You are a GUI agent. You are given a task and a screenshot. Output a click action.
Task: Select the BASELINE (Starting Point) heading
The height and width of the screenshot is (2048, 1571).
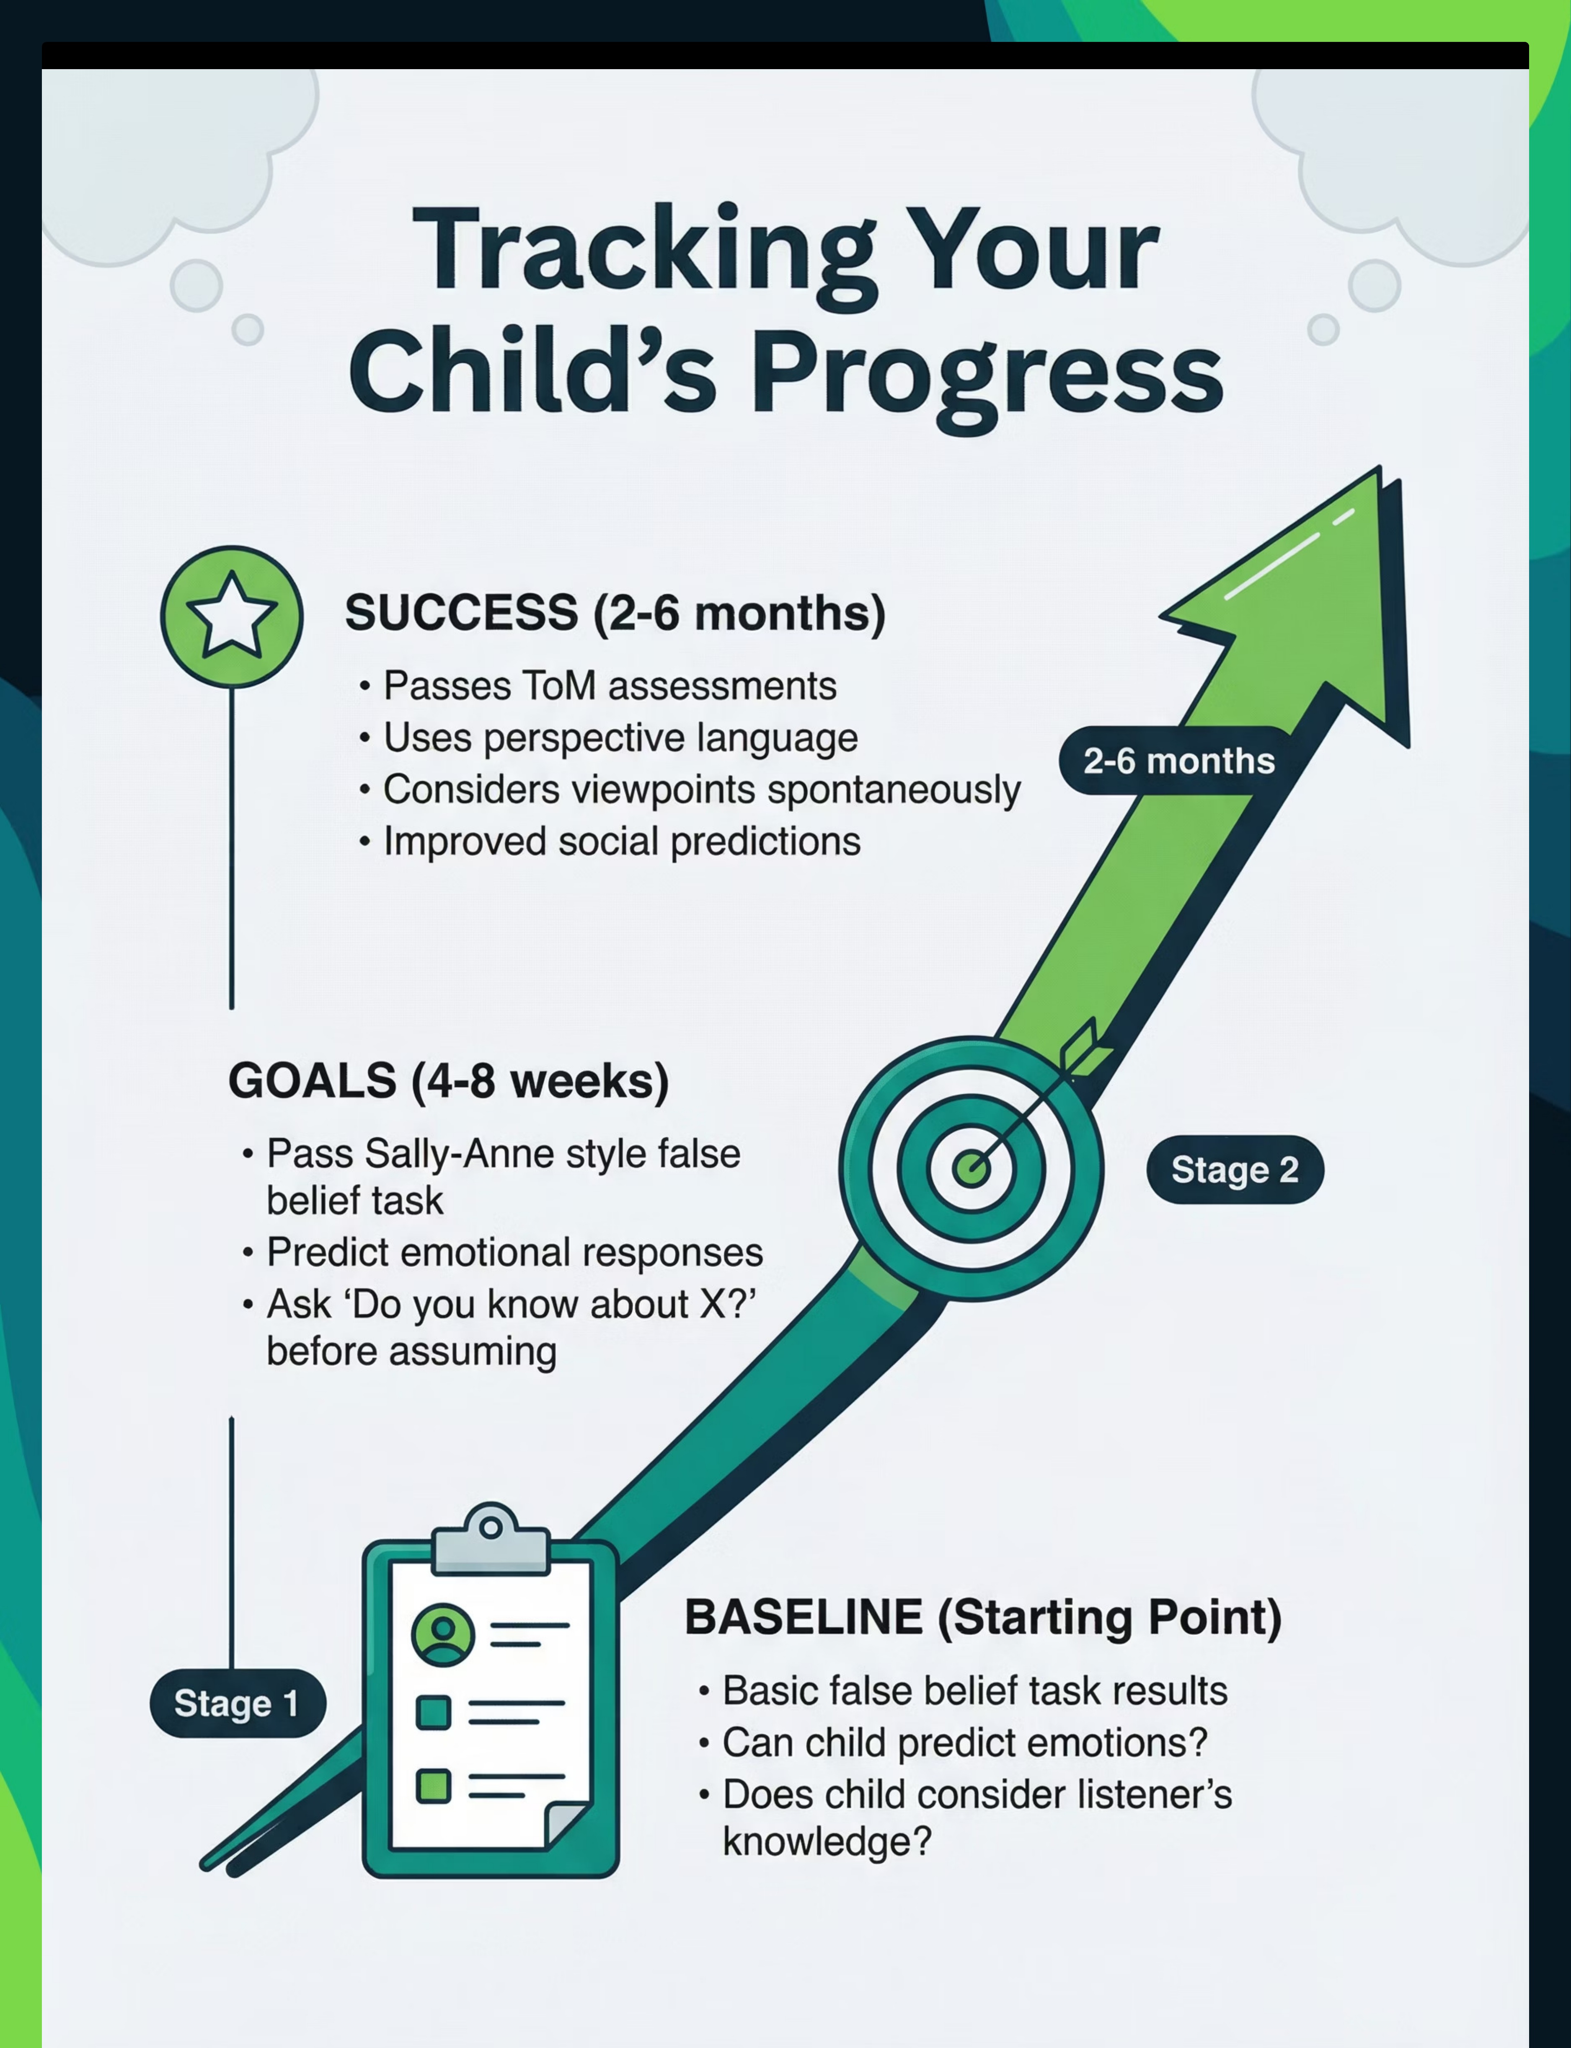coord(983,1617)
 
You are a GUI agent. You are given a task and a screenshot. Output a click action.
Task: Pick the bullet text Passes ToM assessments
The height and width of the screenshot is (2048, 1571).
coord(610,686)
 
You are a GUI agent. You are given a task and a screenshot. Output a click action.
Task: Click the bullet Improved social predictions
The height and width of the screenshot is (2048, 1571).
coord(622,841)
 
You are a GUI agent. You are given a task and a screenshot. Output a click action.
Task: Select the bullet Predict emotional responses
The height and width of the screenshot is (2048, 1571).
coord(514,1252)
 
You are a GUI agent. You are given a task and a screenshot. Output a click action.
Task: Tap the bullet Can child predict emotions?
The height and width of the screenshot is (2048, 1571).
coord(965,1742)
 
